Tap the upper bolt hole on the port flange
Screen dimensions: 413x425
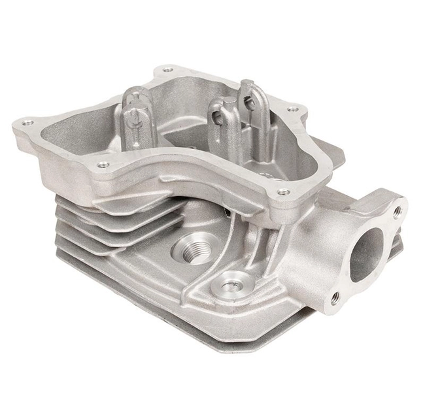pos(396,210)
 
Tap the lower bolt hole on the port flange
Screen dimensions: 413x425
pos(335,297)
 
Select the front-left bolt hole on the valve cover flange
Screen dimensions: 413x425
pos(103,165)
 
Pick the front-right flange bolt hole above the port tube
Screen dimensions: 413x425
pos(282,192)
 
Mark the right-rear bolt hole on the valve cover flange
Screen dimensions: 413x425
pos(292,109)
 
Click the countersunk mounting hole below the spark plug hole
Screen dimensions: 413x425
pos(229,286)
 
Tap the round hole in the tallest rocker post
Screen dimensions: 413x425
pos(248,101)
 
